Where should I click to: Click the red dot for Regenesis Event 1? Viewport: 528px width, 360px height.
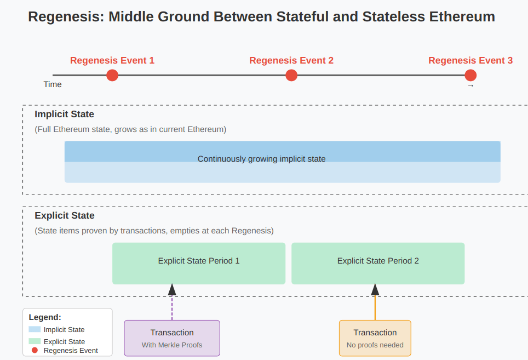(112, 75)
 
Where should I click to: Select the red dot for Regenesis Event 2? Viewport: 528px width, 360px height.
(291, 75)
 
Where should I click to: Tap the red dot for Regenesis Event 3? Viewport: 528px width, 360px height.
(470, 75)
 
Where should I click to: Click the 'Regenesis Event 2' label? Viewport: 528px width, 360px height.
(291, 60)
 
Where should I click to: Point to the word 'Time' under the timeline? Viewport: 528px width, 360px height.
(53, 84)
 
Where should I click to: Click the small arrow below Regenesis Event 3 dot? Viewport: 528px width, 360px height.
(470, 86)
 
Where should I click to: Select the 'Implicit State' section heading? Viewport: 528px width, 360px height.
(64, 114)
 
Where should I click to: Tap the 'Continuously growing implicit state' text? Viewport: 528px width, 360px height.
(261, 159)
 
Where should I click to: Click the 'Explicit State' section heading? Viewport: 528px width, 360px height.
(65, 215)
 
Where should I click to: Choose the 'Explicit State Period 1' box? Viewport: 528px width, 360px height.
(199, 264)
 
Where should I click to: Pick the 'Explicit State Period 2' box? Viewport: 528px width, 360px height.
(378, 264)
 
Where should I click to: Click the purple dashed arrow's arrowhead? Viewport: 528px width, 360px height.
(172, 290)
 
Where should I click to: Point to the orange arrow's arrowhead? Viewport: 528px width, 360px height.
(375, 290)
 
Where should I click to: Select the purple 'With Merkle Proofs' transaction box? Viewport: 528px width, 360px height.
(172, 338)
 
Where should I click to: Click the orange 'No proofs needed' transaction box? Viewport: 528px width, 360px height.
(375, 338)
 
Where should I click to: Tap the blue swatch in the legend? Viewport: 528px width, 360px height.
(35, 329)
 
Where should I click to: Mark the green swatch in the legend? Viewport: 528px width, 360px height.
(35, 341)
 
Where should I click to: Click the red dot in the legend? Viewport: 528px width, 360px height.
(35, 350)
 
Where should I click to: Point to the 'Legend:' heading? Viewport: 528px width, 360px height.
(45, 317)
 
